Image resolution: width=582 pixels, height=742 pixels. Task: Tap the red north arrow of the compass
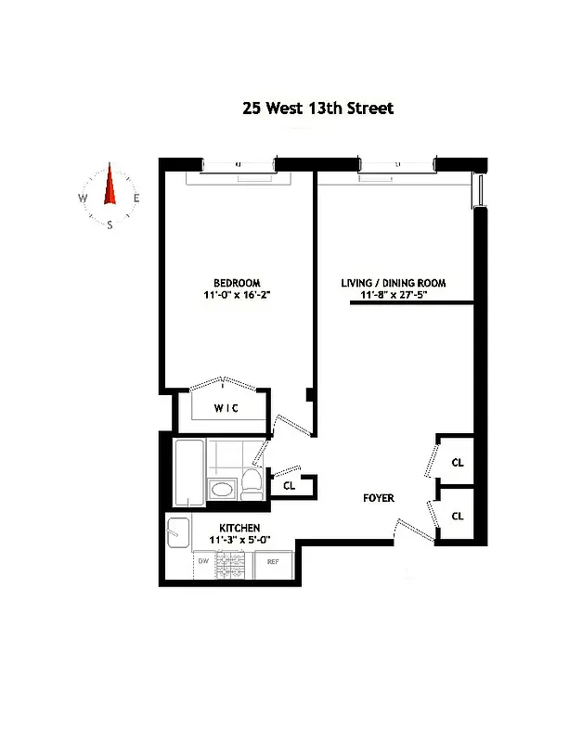click(x=110, y=185)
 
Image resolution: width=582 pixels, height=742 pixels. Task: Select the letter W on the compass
click(x=83, y=198)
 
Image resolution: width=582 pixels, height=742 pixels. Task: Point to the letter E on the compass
click(x=136, y=198)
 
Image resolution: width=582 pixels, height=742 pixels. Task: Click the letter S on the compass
click(x=110, y=224)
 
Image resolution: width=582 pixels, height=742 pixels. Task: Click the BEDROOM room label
click(x=237, y=283)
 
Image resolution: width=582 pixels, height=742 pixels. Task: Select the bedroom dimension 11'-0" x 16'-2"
click(x=237, y=296)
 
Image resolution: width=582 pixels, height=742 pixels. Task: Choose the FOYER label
click(x=379, y=498)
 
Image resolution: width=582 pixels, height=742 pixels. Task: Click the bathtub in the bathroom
click(x=188, y=472)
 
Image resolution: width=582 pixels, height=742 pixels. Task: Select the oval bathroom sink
click(x=223, y=491)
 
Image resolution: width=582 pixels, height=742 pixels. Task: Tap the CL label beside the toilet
click(x=289, y=485)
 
